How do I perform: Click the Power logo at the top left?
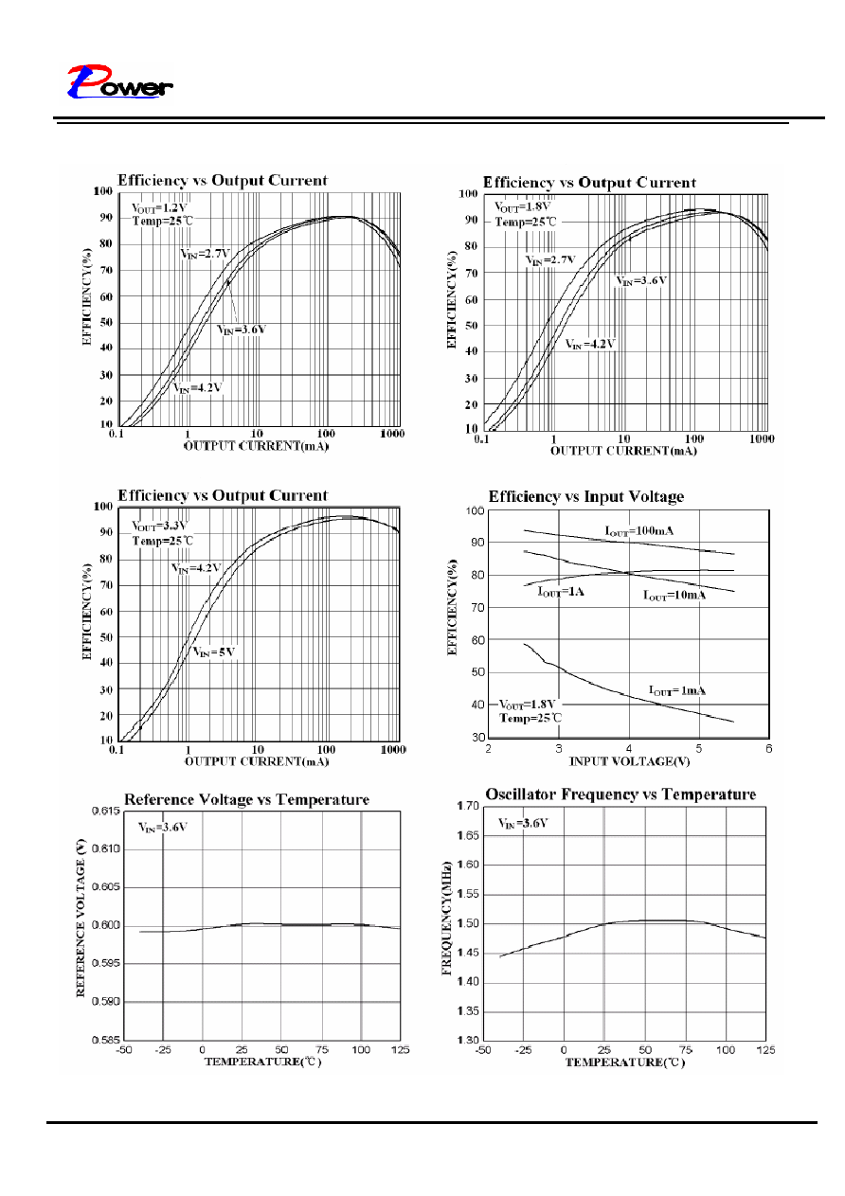119,81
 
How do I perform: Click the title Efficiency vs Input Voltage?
586,496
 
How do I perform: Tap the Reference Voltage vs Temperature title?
246,799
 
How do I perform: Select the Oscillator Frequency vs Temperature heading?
620,794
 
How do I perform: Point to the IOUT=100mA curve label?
638,530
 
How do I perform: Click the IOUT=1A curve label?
560,592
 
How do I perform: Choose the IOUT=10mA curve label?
674,595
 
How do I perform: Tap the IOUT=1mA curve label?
676,691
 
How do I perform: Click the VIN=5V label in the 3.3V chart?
214,652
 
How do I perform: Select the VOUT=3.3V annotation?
158,527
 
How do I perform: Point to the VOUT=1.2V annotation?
159,208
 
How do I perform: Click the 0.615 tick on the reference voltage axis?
106,811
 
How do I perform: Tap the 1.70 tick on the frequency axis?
468,806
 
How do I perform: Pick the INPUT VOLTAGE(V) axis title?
629,761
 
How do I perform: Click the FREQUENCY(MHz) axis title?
447,919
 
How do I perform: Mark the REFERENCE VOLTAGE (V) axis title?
81,918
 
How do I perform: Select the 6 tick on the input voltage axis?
768,749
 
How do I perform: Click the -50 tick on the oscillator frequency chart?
483,1050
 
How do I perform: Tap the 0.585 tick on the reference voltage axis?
106,1040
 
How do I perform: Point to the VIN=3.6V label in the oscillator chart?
523,823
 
